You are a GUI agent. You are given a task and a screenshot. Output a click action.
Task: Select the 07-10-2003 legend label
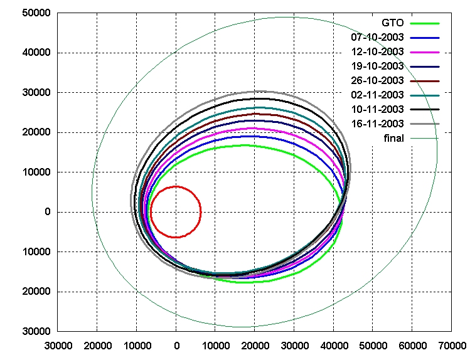(377, 38)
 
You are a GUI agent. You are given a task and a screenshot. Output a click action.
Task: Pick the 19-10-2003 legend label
(377, 66)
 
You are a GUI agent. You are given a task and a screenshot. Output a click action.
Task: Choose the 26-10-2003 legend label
(377, 80)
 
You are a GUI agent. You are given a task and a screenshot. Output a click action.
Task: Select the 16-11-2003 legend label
(377, 124)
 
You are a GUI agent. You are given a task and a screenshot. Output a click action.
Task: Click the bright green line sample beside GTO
(424, 23)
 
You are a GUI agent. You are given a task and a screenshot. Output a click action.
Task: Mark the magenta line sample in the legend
(424, 51)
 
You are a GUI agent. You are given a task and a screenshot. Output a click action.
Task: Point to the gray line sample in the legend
(424, 124)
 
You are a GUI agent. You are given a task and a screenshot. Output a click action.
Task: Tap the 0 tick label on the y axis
(46, 212)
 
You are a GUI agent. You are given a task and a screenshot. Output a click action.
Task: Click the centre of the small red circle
(176, 212)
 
